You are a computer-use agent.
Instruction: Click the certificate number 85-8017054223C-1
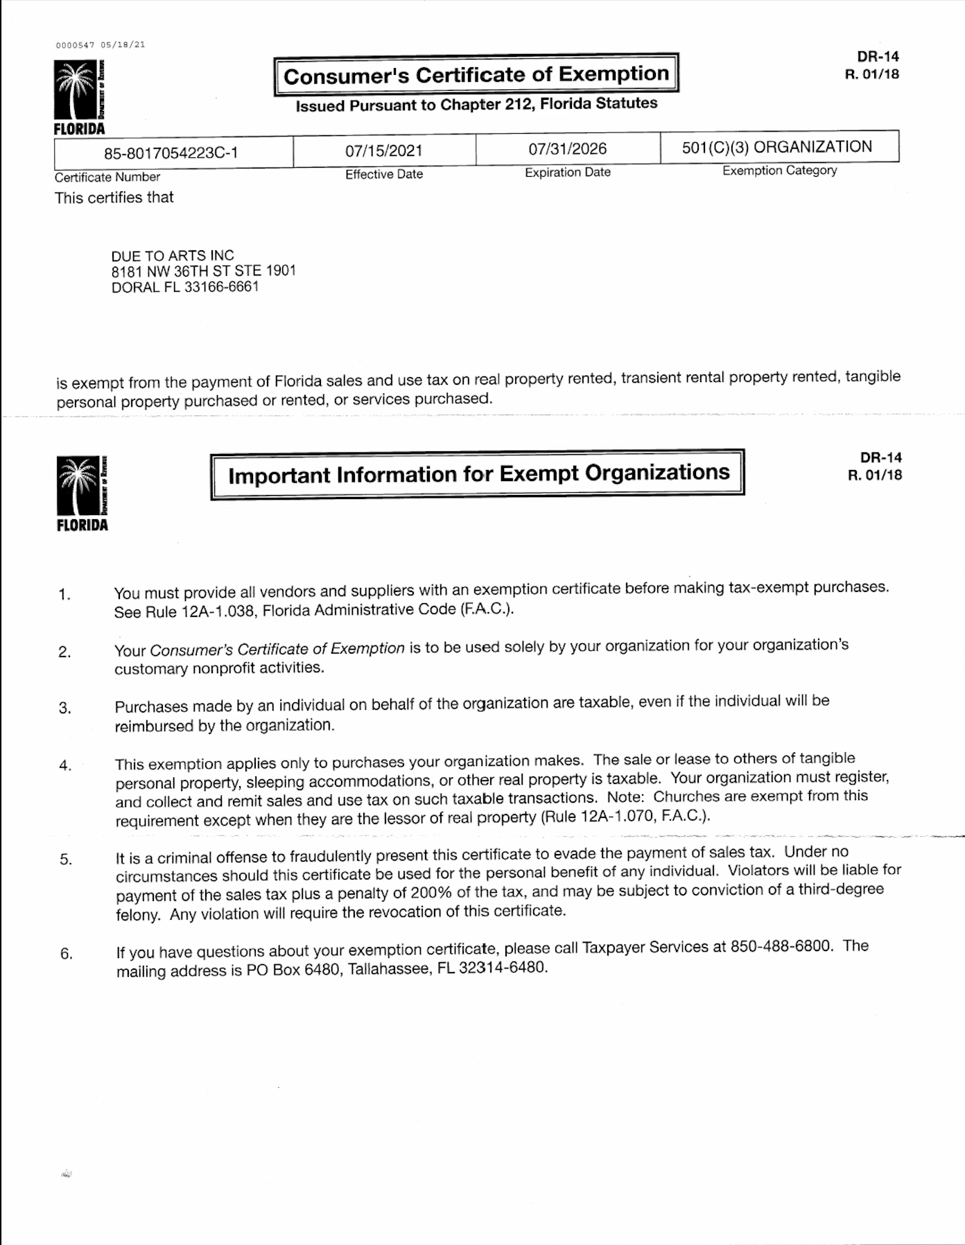pos(171,153)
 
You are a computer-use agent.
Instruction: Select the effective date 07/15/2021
pos(383,151)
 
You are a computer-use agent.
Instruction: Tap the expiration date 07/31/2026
pos(567,149)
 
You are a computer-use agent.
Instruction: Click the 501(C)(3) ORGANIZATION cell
pos(776,147)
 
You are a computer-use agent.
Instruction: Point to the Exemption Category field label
pos(779,171)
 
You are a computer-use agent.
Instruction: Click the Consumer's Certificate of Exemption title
pos(476,74)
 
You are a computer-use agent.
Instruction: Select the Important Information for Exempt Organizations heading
pos(478,474)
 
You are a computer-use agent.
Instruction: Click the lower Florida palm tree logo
pos(81,490)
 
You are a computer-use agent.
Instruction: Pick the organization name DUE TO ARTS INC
pos(173,255)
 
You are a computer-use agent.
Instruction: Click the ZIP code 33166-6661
pos(221,287)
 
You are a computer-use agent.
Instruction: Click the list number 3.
pos(64,708)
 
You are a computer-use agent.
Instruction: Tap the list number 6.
pos(66,954)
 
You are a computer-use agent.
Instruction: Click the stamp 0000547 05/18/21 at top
pos(101,45)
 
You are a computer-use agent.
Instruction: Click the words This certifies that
pos(114,198)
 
